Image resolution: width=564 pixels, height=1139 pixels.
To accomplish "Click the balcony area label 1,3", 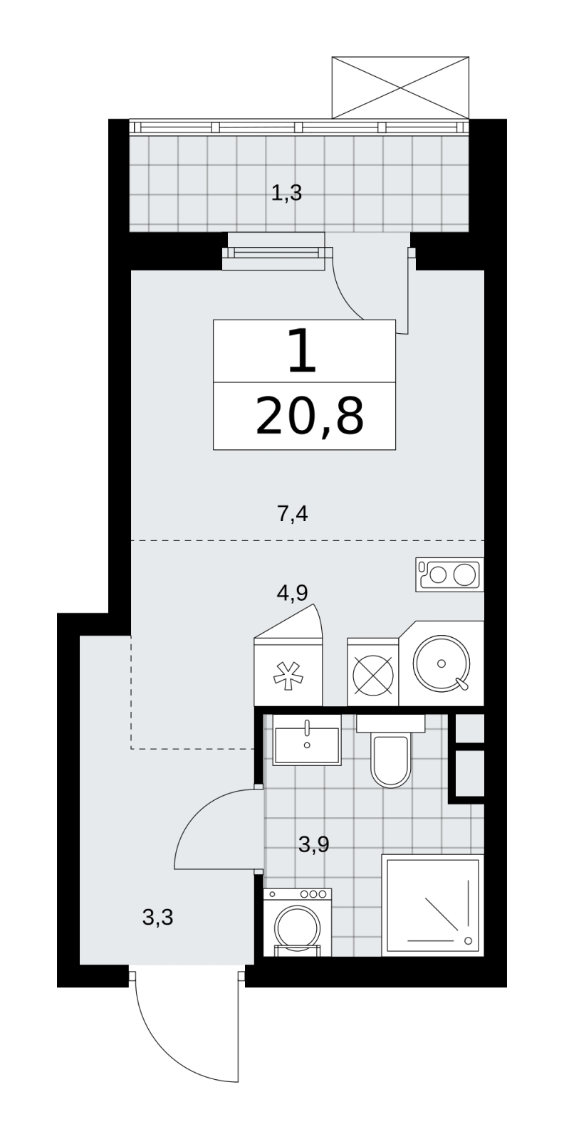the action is pos(286,193).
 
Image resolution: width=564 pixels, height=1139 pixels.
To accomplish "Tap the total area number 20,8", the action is pos(310,416).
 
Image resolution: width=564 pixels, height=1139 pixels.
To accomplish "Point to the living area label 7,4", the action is pos(293,514).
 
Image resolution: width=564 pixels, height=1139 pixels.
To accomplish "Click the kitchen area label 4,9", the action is pos(293,593).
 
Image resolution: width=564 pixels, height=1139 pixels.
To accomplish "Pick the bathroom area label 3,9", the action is pos(314,844).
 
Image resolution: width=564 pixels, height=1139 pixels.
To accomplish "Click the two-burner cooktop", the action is pos(449,574).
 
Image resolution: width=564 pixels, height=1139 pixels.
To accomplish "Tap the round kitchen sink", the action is pos(442,663).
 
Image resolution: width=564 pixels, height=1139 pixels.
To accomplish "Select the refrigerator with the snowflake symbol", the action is pos(288,671).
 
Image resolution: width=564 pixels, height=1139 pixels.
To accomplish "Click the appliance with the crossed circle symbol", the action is pos(372,672).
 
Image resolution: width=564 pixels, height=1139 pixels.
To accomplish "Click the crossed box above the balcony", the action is pos(400,88).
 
